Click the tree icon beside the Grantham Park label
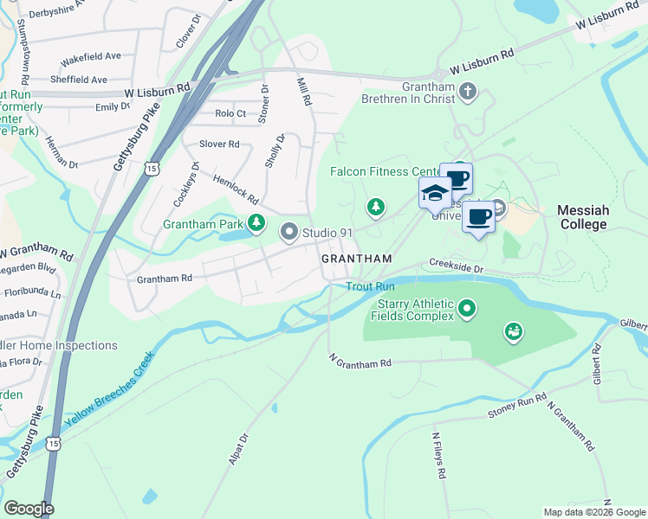coord(256,223)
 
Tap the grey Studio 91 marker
coord(288,232)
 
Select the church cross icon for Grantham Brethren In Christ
coord(468,92)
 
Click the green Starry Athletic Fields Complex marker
coord(468,307)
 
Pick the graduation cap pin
coord(435,194)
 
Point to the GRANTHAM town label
coord(356,259)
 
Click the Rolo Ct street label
coord(230,113)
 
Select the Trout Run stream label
coord(370,286)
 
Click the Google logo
coord(29,508)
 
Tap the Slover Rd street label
coord(219,144)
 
